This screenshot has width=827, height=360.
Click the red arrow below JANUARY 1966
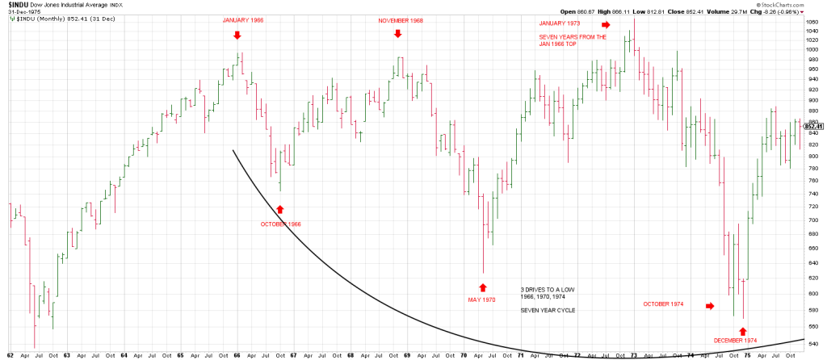[237, 35]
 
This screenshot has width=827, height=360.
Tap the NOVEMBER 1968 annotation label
[401, 20]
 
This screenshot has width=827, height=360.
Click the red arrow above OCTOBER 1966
[279, 209]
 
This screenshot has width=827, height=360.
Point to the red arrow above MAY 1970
[483, 287]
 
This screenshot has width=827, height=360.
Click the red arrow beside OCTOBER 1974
[710, 306]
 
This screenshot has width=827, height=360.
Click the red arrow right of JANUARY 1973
[606, 25]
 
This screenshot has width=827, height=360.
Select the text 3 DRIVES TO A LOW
[548, 288]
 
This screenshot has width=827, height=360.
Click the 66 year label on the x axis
[237, 355]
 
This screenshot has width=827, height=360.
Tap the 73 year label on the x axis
[634, 355]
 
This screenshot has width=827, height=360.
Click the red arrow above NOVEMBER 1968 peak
[397, 33]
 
